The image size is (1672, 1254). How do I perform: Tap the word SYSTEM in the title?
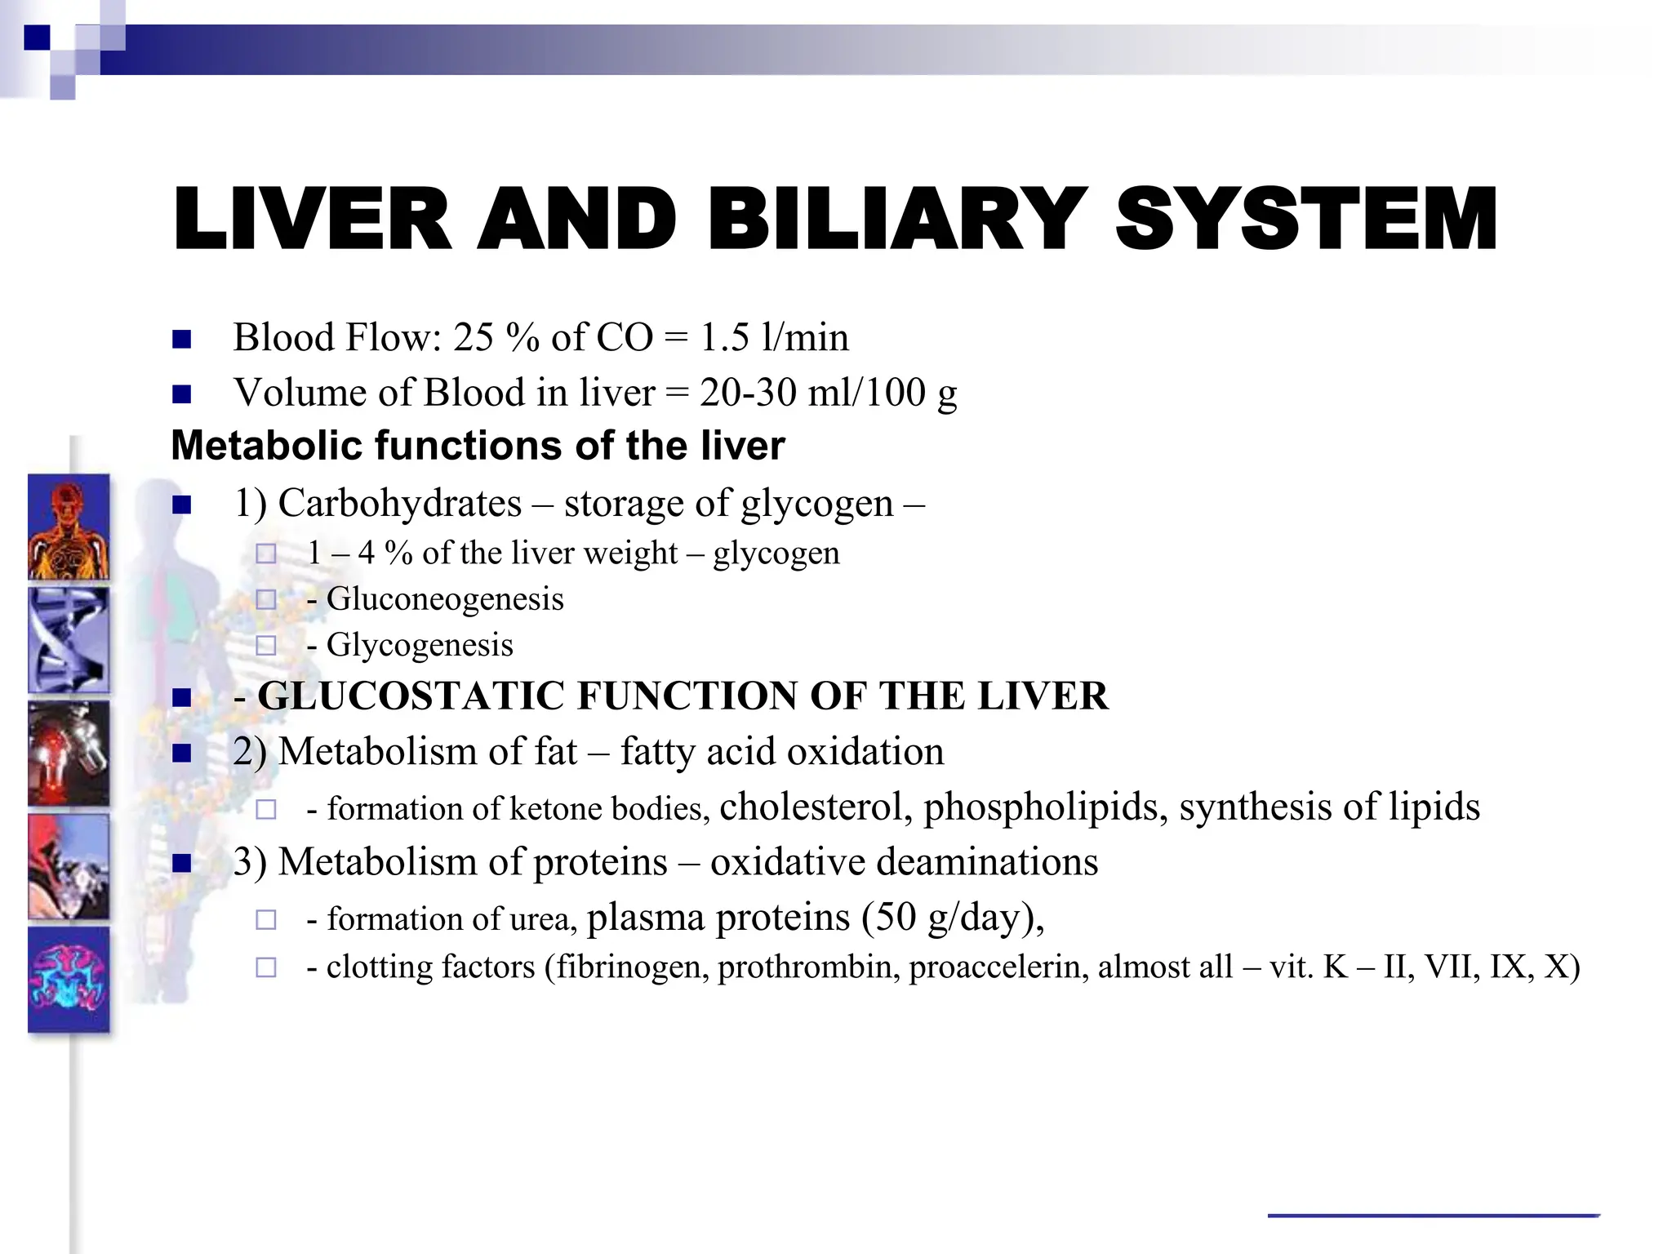point(1306,219)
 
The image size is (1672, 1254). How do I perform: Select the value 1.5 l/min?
point(774,337)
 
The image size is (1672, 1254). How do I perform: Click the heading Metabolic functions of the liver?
point(478,446)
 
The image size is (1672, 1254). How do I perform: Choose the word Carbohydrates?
point(399,503)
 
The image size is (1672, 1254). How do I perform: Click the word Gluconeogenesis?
point(445,599)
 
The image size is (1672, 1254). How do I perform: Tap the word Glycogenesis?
point(420,645)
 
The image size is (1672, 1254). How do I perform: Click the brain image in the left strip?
point(69,979)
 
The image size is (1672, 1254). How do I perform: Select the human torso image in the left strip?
point(69,527)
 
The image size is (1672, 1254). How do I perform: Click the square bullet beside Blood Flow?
point(181,339)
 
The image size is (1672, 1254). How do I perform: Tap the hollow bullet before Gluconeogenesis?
point(265,600)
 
